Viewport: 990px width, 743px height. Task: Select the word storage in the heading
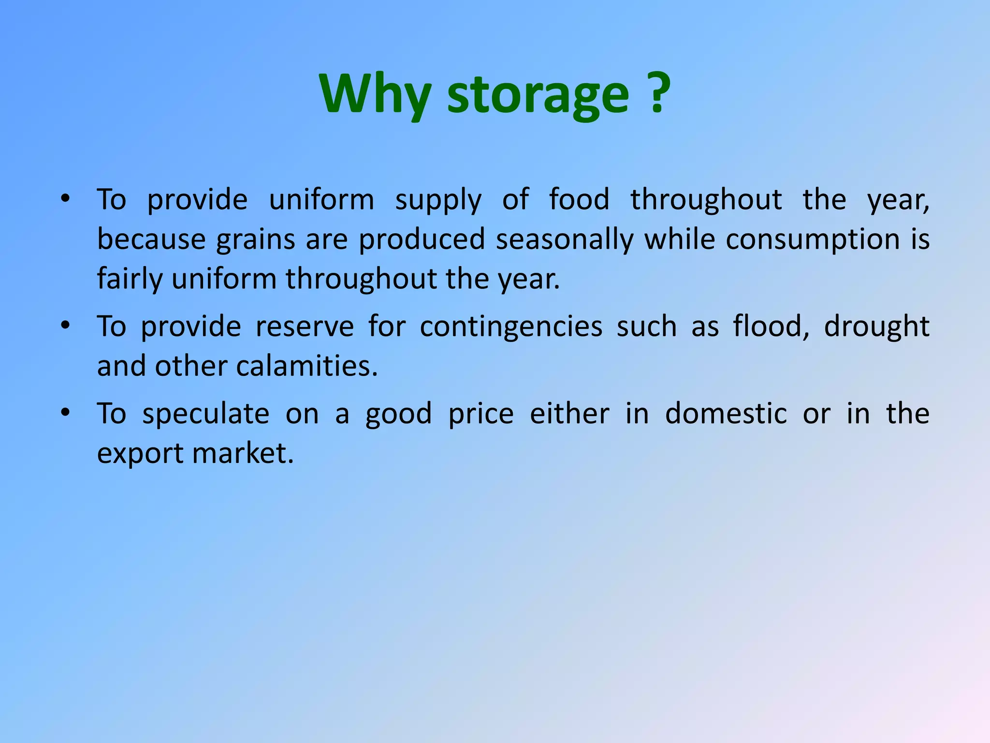(538, 96)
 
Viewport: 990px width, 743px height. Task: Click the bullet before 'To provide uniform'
(66, 199)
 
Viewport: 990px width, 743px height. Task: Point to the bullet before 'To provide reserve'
(66, 326)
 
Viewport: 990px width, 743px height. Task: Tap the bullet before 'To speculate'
(66, 413)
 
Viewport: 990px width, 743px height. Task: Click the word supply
(438, 201)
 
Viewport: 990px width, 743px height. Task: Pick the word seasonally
(564, 240)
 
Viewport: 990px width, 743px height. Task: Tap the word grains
(255, 240)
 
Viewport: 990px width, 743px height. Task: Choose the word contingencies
(510, 327)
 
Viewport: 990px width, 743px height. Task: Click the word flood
(771, 327)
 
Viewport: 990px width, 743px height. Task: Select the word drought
(876, 327)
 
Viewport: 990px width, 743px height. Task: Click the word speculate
(205, 415)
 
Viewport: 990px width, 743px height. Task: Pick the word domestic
(726, 414)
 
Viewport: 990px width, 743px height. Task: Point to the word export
(140, 455)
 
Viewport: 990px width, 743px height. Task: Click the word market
(243, 454)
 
